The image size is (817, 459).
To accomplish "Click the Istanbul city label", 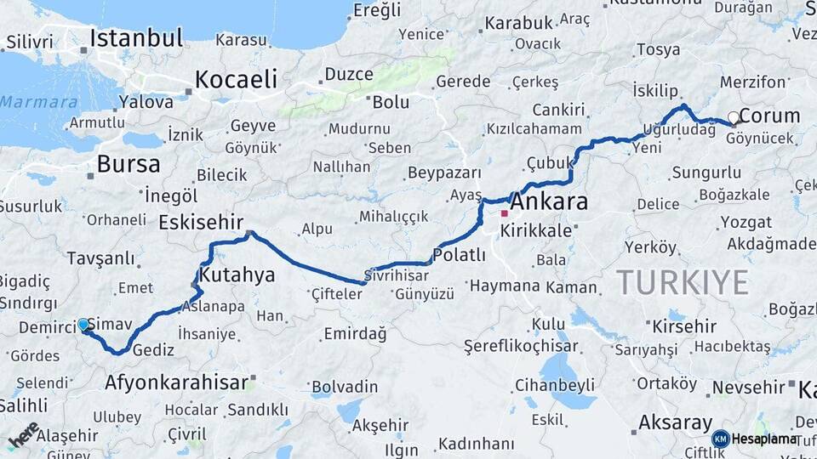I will pyautogui.click(x=136, y=38).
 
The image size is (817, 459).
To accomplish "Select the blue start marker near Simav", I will pyautogui.click(x=83, y=325).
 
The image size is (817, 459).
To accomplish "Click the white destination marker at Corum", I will pyautogui.click(x=734, y=117).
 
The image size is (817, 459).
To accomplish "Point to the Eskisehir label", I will pyautogui.click(x=201, y=223).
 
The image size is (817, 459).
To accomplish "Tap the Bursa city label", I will pyautogui.click(x=128, y=163).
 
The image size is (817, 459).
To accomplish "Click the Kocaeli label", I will pyautogui.click(x=236, y=80).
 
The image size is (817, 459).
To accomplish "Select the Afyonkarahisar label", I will pyautogui.click(x=177, y=382).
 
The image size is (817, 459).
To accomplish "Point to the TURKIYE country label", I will pyautogui.click(x=683, y=281).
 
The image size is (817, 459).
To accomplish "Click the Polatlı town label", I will pyautogui.click(x=459, y=254).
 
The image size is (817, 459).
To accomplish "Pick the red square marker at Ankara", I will pyautogui.click(x=505, y=212).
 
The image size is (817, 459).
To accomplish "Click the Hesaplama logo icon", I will pyautogui.click(x=721, y=439).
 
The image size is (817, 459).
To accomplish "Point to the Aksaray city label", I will pyautogui.click(x=675, y=422).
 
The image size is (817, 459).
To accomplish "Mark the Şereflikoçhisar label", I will pyautogui.click(x=521, y=346).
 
